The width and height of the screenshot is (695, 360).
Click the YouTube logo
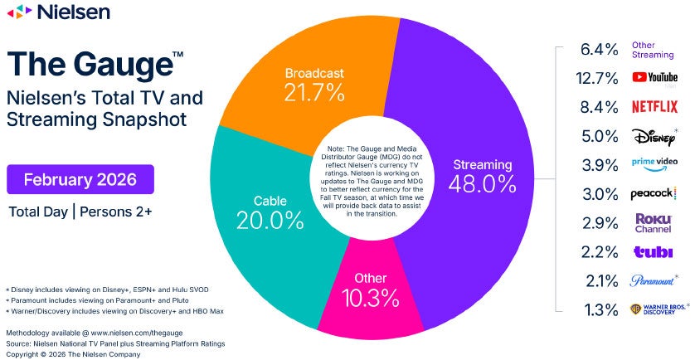pyautogui.click(x=654, y=77)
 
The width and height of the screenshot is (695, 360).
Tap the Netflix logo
pyautogui.click(x=654, y=106)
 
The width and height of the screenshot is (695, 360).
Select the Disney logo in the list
pyautogui.click(x=654, y=135)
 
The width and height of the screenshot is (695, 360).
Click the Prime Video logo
pyautogui.click(x=654, y=164)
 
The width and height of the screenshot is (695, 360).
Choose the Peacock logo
pyautogui.click(x=655, y=193)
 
